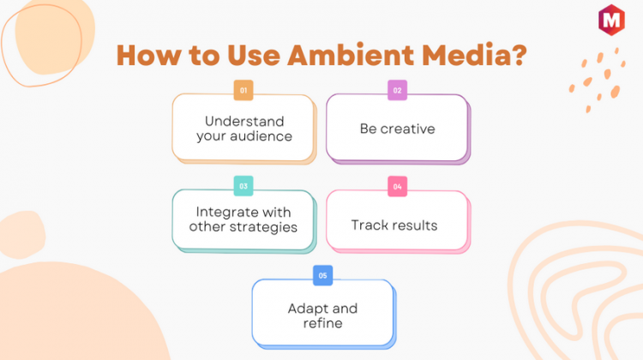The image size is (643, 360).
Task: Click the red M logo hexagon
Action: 611,20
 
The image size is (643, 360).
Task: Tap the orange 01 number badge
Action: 243,90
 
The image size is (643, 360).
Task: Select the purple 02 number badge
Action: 397,90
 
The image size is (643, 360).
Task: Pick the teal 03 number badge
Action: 243,186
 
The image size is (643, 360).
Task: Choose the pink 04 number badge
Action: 397,187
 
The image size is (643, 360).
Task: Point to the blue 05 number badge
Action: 322,275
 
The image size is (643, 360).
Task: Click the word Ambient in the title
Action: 351,55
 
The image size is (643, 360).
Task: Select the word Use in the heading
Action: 254,55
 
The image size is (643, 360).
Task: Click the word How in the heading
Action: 148,56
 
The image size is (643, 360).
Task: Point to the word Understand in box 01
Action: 244,122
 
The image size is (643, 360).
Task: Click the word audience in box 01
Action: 261,136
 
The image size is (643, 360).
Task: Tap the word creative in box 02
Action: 407,129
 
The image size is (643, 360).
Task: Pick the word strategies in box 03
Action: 263,227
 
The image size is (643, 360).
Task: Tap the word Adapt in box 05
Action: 306,309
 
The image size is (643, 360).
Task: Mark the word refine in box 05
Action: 322,323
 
